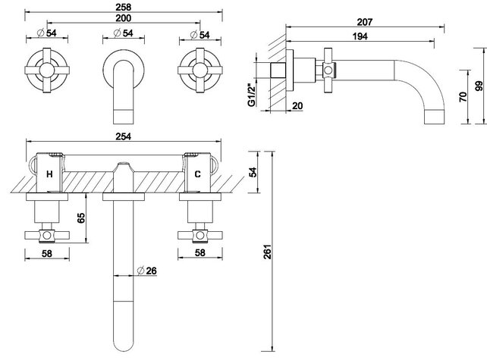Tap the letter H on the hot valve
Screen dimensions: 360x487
[x=50, y=174]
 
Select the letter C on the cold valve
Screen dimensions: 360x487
[x=197, y=174]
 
